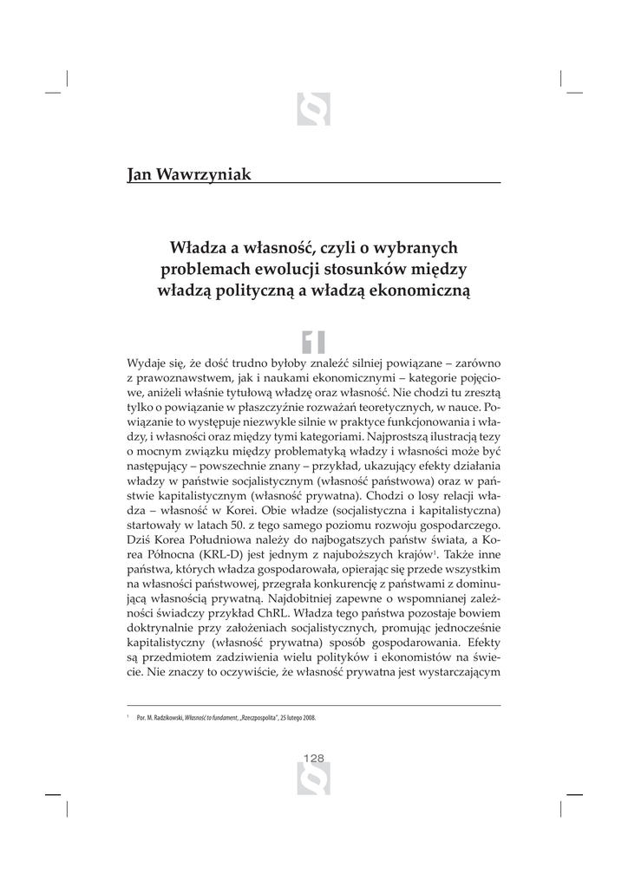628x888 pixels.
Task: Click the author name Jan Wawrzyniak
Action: [189, 174]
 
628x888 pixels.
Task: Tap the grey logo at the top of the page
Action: [313, 109]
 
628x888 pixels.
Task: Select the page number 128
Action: [313, 758]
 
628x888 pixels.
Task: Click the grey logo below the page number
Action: [313, 782]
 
